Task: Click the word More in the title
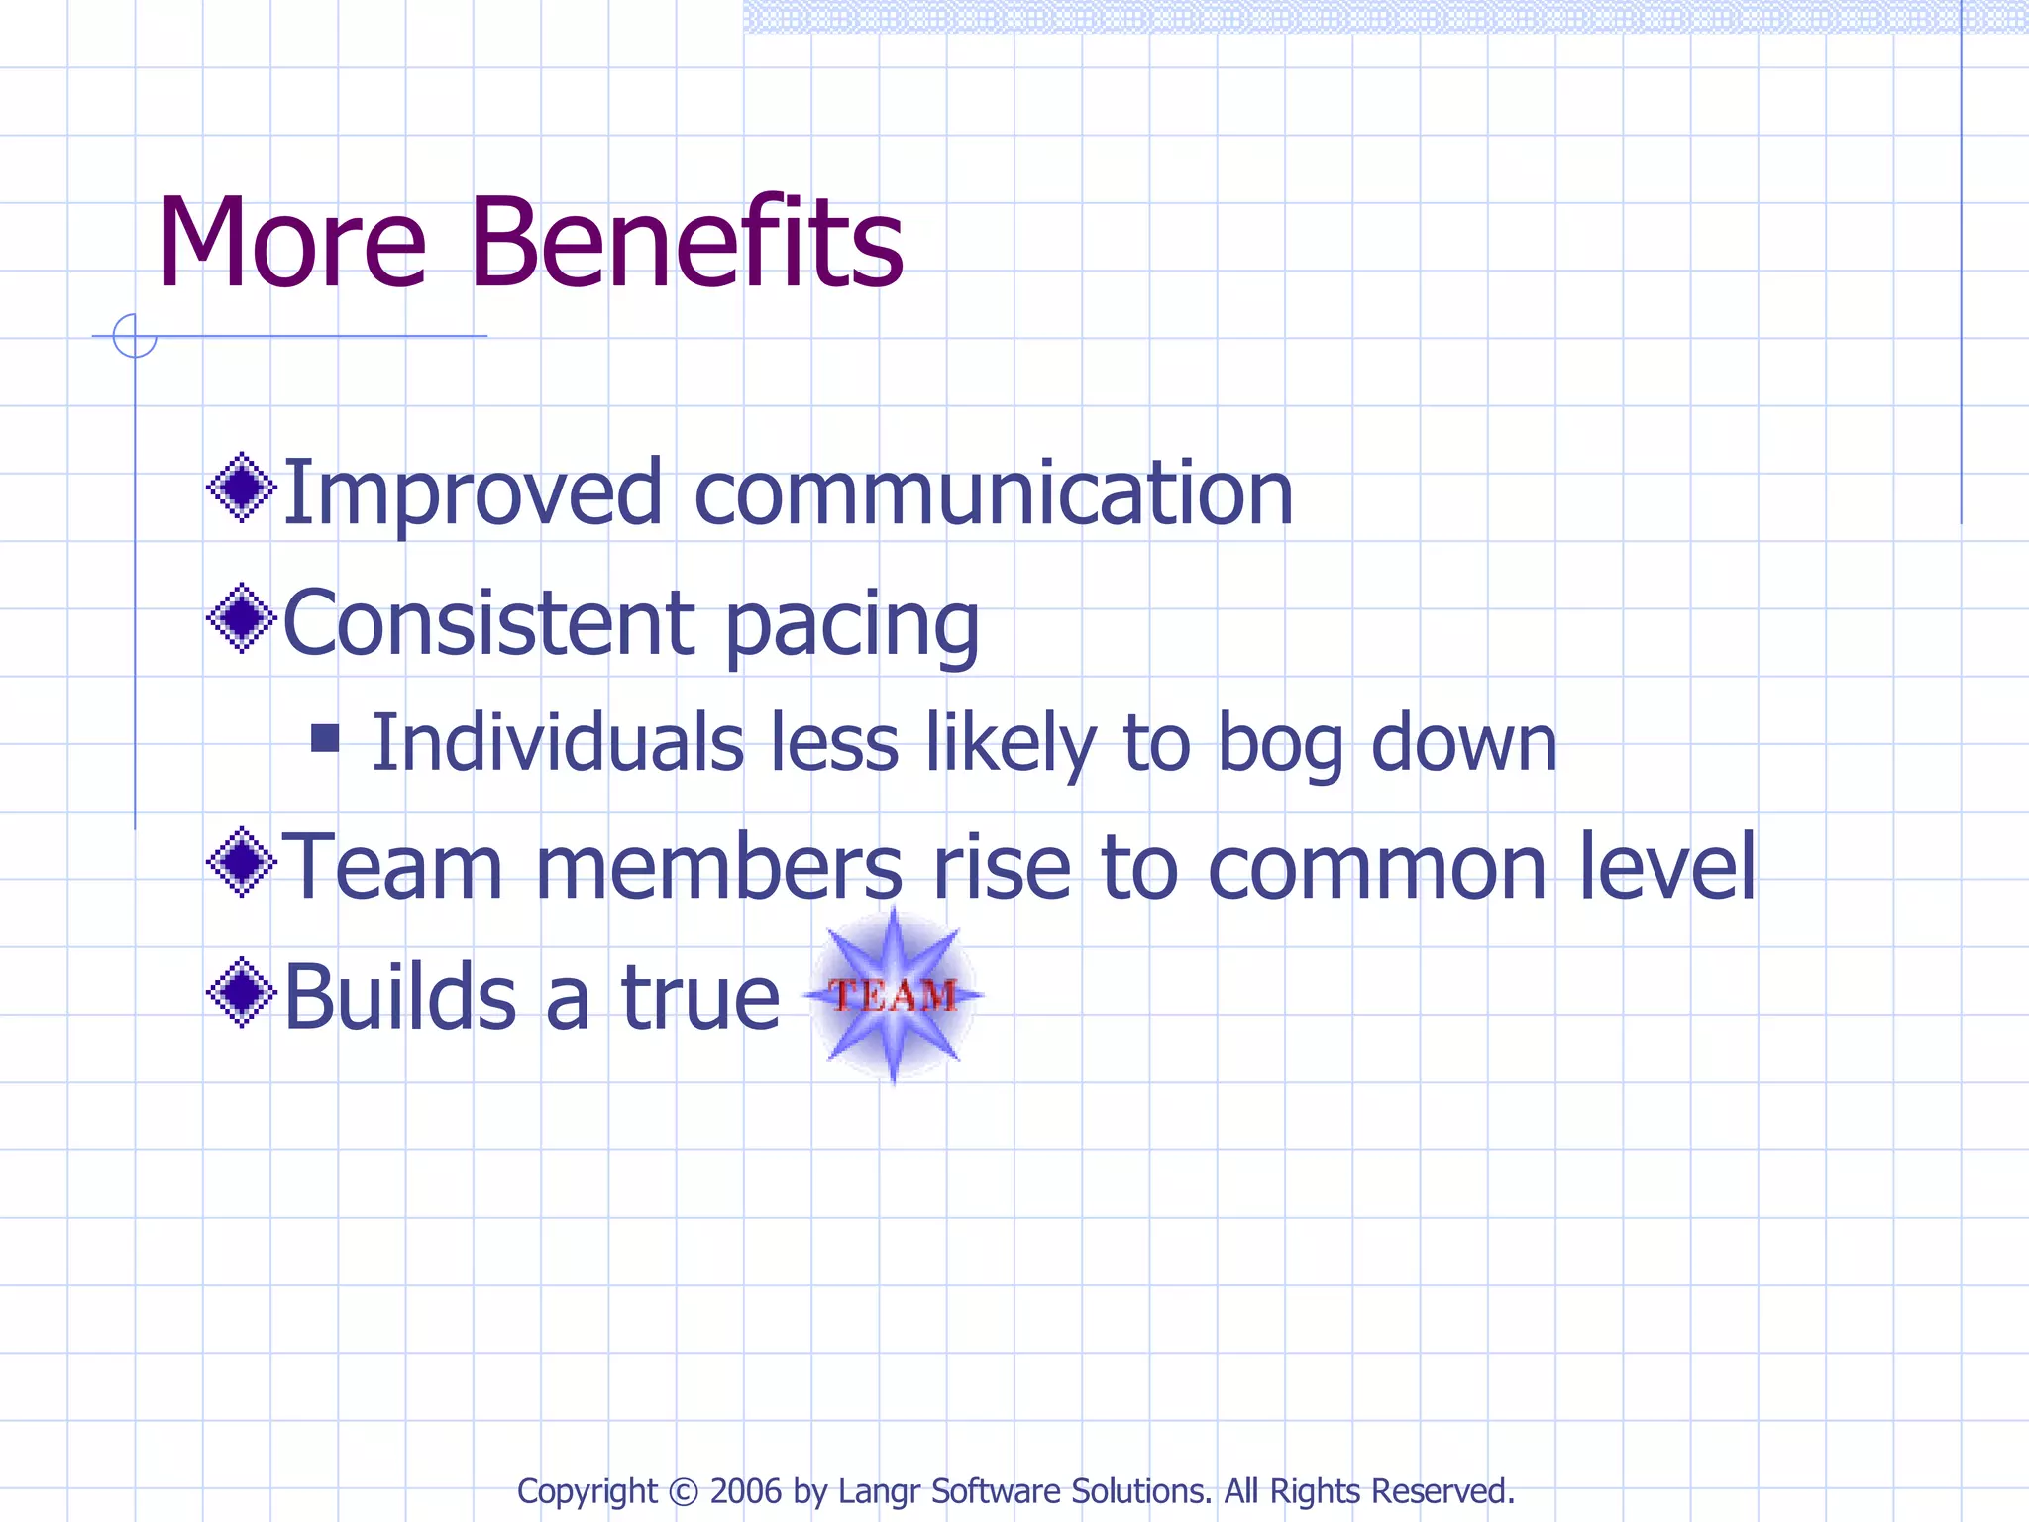click(x=292, y=244)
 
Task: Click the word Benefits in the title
click(x=686, y=244)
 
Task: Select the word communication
click(x=994, y=494)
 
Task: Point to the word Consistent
click(x=488, y=624)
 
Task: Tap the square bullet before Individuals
click(x=325, y=739)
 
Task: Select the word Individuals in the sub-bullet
click(x=558, y=743)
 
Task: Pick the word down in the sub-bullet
click(x=1463, y=743)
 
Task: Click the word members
click(x=719, y=868)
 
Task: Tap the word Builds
click(x=400, y=998)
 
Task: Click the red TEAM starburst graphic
click(x=894, y=995)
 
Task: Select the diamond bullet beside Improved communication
click(x=242, y=488)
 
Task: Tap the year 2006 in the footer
click(x=746, y=1491)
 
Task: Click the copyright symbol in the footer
click(x=684, y=1492)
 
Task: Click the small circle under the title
click(x=135, y=336)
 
